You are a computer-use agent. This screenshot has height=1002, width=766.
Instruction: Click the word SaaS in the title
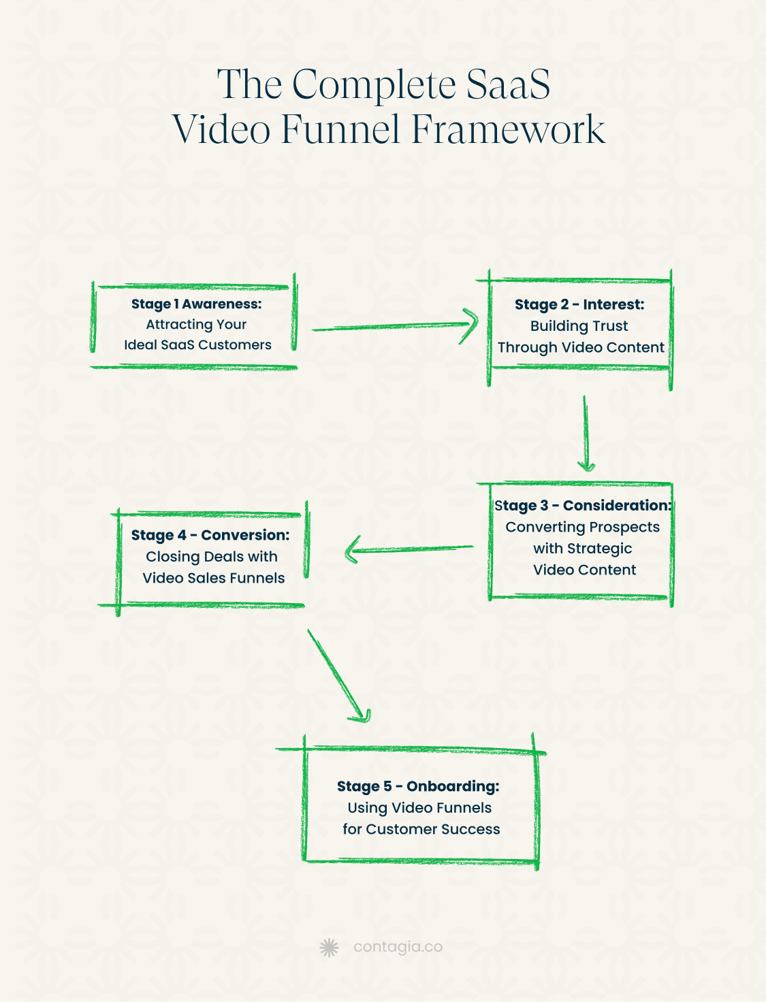click(508, 85)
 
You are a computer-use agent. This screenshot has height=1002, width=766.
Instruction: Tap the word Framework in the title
click(508, 129)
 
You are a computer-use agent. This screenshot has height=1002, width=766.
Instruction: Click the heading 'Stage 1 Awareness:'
click(196, 304)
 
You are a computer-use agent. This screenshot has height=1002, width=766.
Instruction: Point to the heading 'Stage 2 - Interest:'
click(579, 304)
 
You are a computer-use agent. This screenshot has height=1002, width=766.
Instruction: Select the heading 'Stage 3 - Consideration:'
click(583, 505)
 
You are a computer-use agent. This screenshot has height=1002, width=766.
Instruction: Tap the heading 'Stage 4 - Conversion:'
click(210, 535)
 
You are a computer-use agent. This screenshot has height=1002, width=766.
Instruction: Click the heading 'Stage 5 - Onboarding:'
click(418, 786)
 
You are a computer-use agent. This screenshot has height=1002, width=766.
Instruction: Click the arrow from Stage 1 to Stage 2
click(395, 326)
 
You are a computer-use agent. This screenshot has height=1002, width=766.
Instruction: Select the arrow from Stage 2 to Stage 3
click(585, 434)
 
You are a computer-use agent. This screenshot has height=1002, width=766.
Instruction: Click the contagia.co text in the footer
click(398, 947)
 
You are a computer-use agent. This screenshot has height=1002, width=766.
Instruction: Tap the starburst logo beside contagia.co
click(329, 947)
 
